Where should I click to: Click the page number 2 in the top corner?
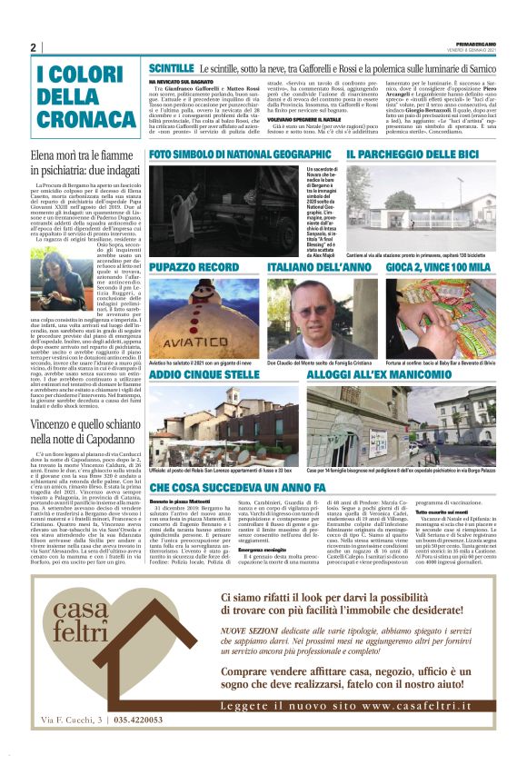(34, 48)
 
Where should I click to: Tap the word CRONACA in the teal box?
(74, 120)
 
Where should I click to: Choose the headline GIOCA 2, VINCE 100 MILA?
(438, 268)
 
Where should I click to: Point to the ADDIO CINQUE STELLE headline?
(205, 374)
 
